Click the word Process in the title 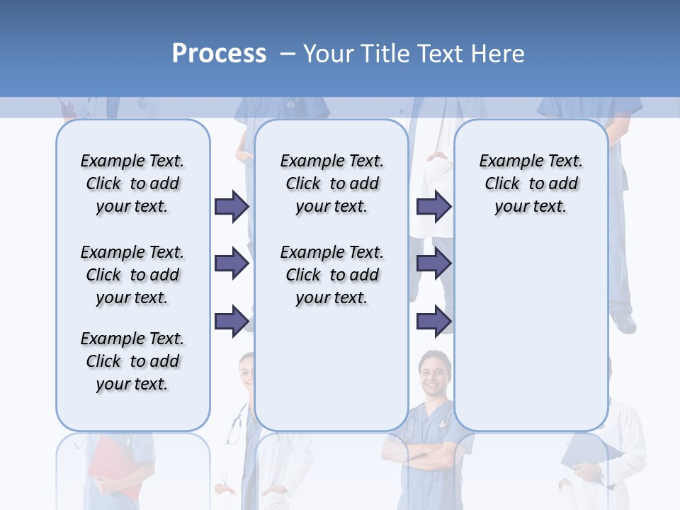pos(219,54)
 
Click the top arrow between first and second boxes pos(232,206)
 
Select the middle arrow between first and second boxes pos(232,263)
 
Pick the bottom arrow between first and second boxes pos(232,321)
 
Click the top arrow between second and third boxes pos(433,206)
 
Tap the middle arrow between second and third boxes pos(433,263)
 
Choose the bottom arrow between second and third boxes pos(433,321)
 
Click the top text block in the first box pos(132,183)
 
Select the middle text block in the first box pos(132,275)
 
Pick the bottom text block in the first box pos(132,361)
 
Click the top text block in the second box pos(331,183)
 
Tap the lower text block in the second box pos(331,275)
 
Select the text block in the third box pos(531,183)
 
